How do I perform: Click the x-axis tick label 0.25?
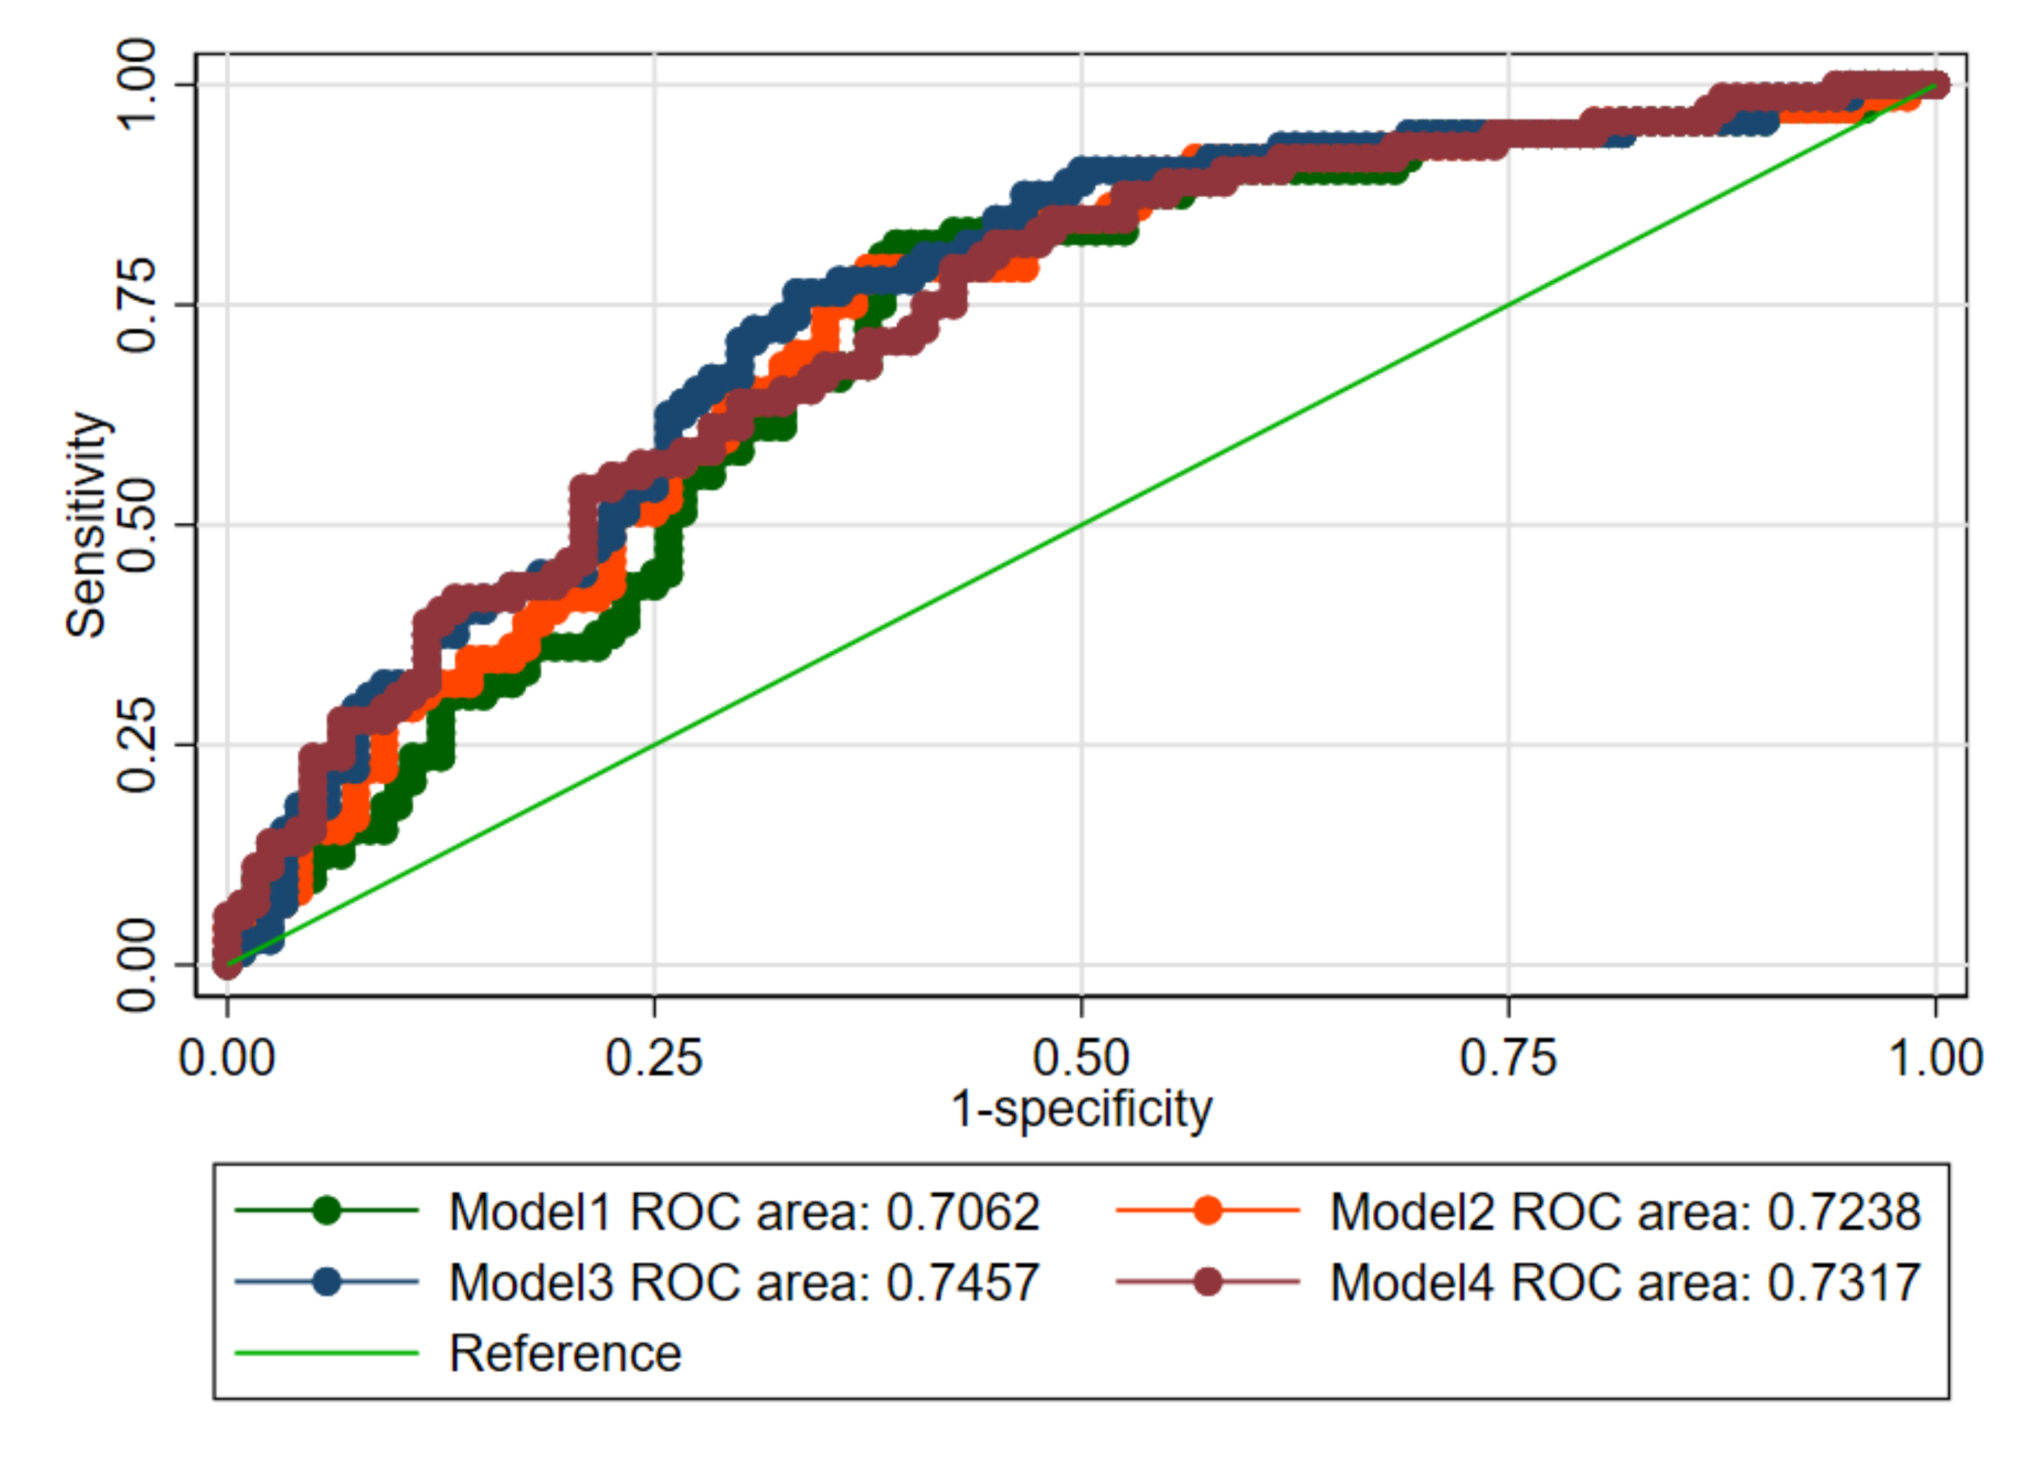[x=654, y=1059]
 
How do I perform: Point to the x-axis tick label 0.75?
[x=1508, y=1059]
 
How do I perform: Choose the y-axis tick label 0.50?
[x=137, y=524]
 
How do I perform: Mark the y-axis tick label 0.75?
[x=137, y=304]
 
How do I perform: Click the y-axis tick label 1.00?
[x=137, y=85]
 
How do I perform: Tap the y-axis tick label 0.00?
[x=137, y=964]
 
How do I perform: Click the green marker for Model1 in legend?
[x=328, y=1210]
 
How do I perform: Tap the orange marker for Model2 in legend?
[x=1208, y=1210]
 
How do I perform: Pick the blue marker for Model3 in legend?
[x=328, y=1282]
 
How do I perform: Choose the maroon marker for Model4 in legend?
[x=1208, y=1282]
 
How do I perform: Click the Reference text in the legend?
[x=565, y=1352]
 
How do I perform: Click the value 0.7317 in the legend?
[x=1844, y=1282]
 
